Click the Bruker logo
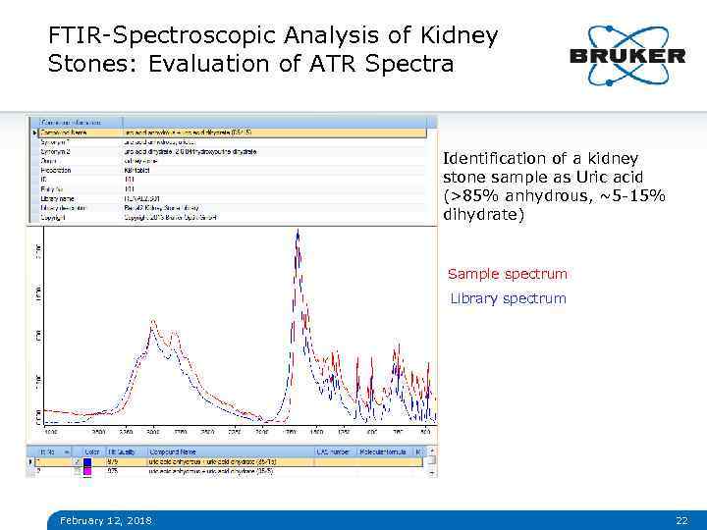point(626,55)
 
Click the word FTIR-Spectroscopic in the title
point(161,36)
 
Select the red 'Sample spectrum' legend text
point(507,274)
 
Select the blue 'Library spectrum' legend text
point(508,298)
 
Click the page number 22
point(681,519)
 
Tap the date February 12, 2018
point(105,519)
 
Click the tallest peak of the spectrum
point(297,236)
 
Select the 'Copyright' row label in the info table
point(54,217)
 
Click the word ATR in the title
point(355,65)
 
